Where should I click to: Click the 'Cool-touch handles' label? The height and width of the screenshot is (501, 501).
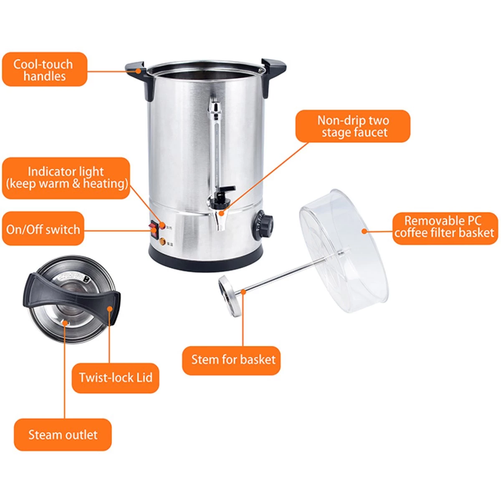pyautogui.click(x=44, y=69)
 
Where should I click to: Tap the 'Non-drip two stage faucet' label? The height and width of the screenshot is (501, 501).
pyautogui.click(x=353, y=126)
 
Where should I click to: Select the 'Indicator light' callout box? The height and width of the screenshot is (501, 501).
pyautogui.click(x=66, y=178)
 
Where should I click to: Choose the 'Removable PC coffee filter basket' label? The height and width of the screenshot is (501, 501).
pyautogui.click(x=445, y=228)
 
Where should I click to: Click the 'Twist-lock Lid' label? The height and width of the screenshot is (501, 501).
pyautogui.click(x=115, y=378)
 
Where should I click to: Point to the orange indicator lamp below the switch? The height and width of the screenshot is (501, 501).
pyautogui.click(x=162, y=242)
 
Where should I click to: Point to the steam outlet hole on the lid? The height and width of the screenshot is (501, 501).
pyautogui.click(x=65, y=323)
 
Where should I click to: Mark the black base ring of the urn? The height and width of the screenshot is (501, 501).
pyautogui.click(x=205, y=259)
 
